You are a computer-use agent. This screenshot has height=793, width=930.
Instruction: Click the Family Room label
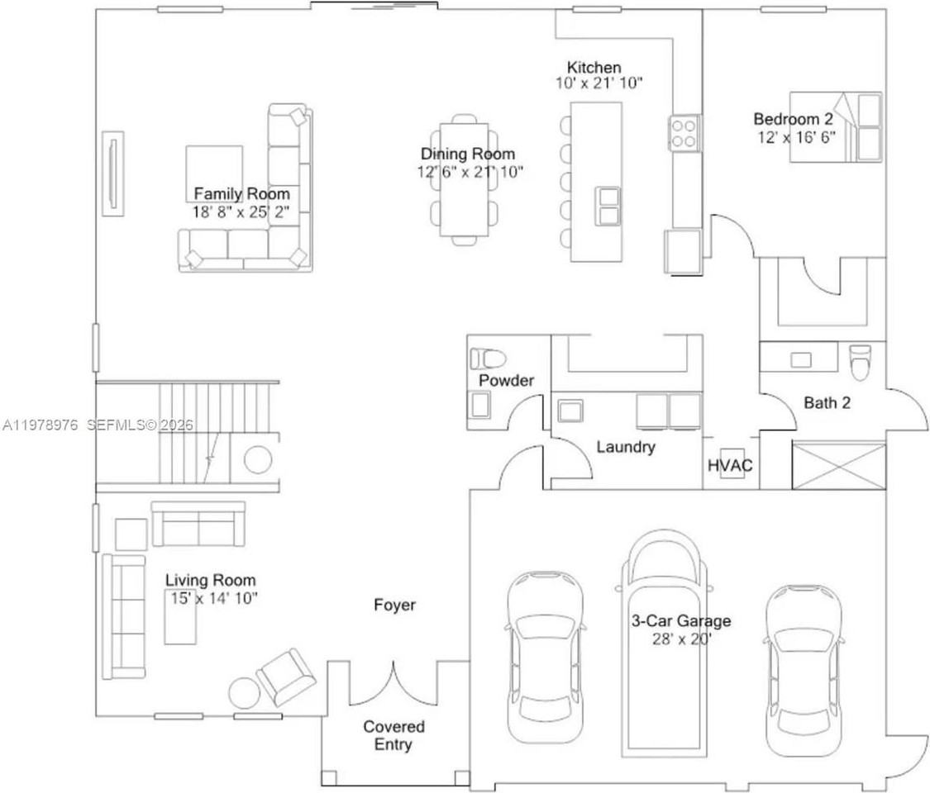241,194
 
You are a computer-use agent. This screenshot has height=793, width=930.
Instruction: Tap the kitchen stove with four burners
684,132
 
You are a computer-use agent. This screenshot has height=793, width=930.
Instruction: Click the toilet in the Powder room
487,359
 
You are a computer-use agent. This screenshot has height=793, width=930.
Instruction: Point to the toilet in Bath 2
860,362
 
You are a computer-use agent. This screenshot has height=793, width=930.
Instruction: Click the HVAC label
730,465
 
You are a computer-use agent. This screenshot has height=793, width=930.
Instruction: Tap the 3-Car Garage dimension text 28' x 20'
682,638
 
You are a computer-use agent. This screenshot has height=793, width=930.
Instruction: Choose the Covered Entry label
394,735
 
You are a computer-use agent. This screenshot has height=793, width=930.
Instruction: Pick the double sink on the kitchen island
608,207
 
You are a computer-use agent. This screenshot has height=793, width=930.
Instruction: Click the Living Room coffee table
181,615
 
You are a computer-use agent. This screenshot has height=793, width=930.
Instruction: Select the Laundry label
626,447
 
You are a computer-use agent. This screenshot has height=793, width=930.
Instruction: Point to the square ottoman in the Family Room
214,172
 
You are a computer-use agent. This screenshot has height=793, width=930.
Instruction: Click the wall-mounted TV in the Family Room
112,173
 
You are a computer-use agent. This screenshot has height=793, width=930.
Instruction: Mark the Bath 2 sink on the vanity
799,359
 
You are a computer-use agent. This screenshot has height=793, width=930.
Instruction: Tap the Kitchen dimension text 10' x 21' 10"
599,83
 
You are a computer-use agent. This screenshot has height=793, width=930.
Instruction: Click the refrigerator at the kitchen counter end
684,251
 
